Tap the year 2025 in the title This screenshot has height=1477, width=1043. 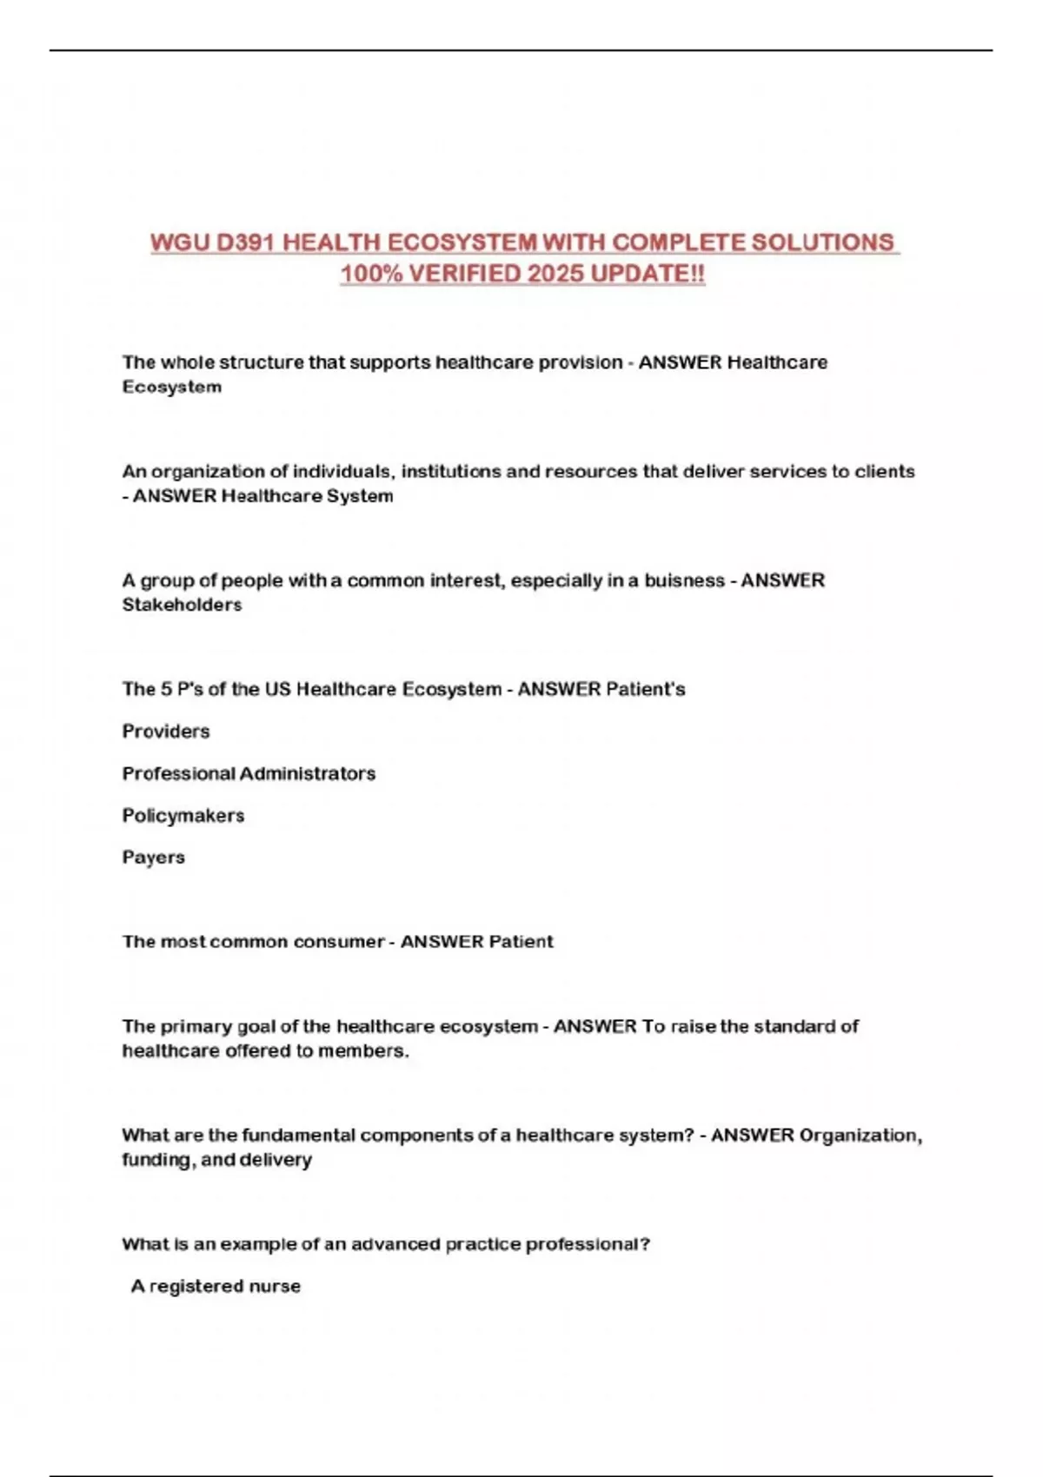(x=555, y=274)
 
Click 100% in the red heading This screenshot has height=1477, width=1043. (x=370, y=274)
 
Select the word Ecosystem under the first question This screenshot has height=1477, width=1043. (x=172, y=387)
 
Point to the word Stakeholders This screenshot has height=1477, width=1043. (x=182, y=605)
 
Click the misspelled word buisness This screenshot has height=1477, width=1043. (x=684, y=580)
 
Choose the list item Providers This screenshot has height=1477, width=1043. (x=166, y=732)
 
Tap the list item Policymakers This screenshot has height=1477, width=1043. (x=183, y=816)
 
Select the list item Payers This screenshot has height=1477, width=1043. (x=154, y=858)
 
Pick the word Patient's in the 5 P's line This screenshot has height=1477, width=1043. (x=645, y=690)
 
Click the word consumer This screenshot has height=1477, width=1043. (x=338, y=942)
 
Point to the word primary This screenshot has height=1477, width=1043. (x=196, y=1026)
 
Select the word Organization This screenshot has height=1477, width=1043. (x=859, y=1136)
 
